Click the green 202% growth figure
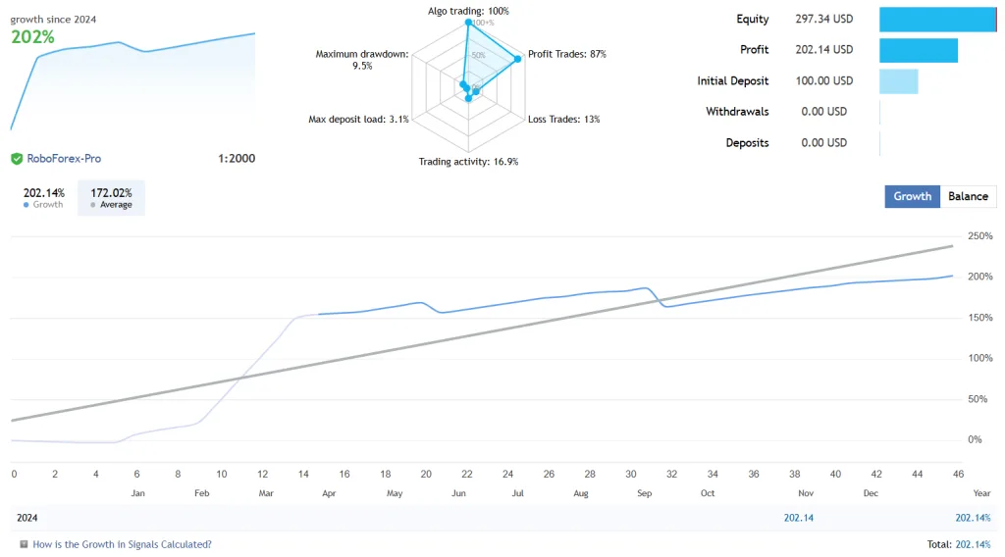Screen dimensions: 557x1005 [x=32, y=37]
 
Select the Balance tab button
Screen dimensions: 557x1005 [x=968, y=196]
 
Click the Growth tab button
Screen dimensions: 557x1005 [x=912, y=196]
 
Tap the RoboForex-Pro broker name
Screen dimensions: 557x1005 [x=64, y=158]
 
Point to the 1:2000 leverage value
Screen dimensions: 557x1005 [x=236, y=158]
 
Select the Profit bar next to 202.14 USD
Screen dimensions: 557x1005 [x=918, y=50]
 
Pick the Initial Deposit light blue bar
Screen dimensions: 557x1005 [x=898, y=81]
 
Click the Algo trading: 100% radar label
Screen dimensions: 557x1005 [x=468, y=11]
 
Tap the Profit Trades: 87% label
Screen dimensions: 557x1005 [x=566, y=54]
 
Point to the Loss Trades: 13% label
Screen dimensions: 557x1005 [x=563, y=119]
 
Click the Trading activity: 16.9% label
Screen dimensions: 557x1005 [x=468, y=162]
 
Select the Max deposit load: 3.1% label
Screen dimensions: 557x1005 [x=358, y=119]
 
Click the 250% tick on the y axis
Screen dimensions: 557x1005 [x=979, y=236]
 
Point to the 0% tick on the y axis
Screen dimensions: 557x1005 [x=976, y=439]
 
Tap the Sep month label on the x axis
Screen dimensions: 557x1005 [x=644, y=493]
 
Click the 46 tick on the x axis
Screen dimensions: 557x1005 [x=958, y=474]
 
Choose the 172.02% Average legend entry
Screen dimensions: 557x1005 [x=111, y=198]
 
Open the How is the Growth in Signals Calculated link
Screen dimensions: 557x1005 [x=122, y=544]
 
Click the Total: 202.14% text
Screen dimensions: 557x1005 [x=960, y=544]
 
